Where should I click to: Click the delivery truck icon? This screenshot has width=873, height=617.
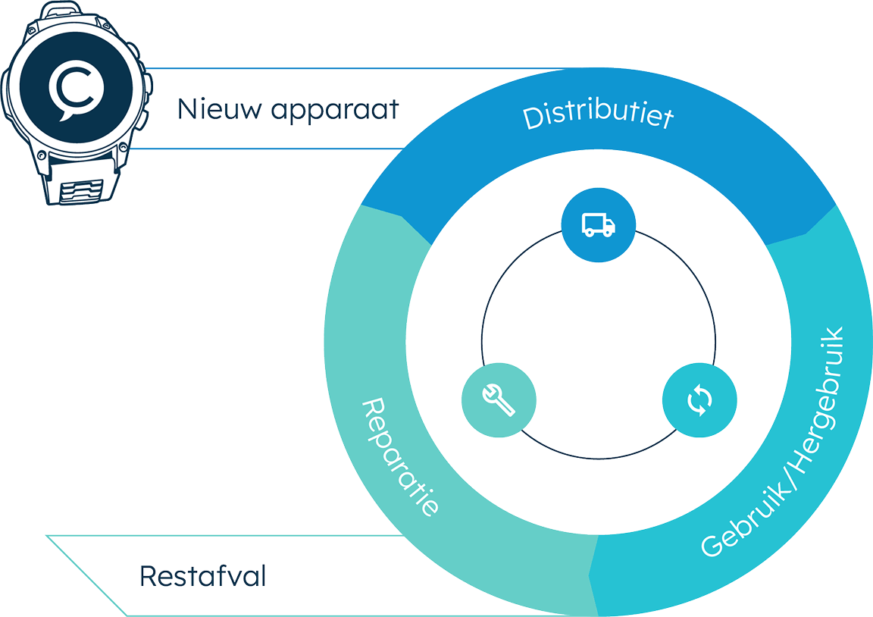(x=599, y=225)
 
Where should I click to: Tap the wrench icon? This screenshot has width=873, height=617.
(x=499, y=399)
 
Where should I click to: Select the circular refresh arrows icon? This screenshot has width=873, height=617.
(x=699, y=399)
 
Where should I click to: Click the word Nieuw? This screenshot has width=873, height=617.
(x=219, y=108)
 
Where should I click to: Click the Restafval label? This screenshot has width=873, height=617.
(x=202, y=576)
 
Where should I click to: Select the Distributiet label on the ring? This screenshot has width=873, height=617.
(x=599, y=114)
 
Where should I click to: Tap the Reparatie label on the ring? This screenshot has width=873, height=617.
(x=400, y=456)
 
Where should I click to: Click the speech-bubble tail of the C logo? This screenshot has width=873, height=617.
(x=64, y=116)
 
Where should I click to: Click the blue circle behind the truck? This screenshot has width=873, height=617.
(x=599, y=225)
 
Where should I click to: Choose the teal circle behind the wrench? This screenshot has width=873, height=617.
(x=499, y=399)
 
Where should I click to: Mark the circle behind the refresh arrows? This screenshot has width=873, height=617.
(x=700, y=399)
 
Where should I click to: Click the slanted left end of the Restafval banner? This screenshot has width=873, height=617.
(x=87, y=576)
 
